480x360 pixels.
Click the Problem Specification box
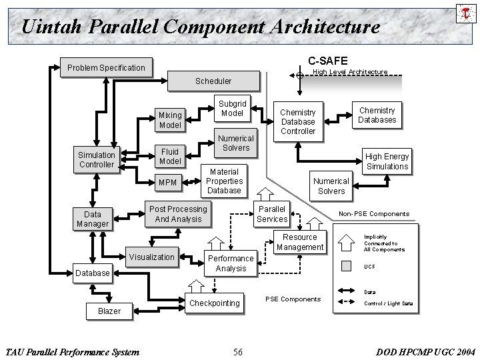[105, 67]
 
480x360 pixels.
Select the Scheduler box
[213, 81]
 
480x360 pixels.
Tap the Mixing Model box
[169, 120]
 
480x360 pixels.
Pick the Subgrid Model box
[232, 109]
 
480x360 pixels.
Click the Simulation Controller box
[97, 160]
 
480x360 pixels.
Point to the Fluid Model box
[169, 157]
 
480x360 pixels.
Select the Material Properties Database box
[223, 181]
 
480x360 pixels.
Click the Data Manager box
[92, 219]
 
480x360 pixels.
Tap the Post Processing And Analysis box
[177, 214]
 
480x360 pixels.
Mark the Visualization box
[151, 257]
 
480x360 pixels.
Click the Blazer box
[109, 311]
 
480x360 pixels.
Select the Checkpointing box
[214, 303]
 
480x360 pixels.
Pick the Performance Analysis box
[231, 263]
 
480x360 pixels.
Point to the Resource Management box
[300, 242]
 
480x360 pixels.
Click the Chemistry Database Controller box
[297, 122]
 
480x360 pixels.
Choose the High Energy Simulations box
[387, 161]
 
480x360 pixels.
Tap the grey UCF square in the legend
[345, 266]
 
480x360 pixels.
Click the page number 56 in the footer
[238, 351]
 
